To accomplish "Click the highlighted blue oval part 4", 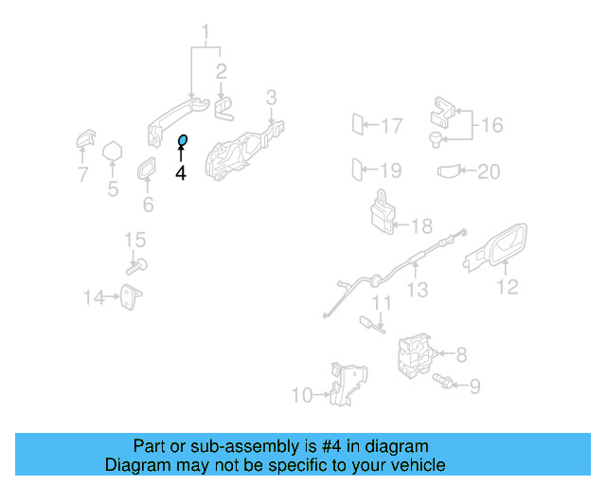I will pyautogui.click(x=183, y=141).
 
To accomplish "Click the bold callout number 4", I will pyautogui.click(x=181, y=172).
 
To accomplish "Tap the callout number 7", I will pyautogui.click(x=82, y=174).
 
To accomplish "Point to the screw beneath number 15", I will pyautogui.click(x=137, y=267).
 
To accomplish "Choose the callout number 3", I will pyautogui.click(x=271, y=97).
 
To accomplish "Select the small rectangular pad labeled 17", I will pyautogui.click(x=357, y=124).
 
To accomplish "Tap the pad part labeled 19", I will pyautogui.click(x=357, y=171).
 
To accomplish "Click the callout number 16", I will pyautogui.click(x=491, y=124).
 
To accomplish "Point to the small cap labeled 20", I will pyautogui.click(x=449, y=171).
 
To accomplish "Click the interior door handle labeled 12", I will pyautogui.click(x=499, y=249).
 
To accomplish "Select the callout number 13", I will pyautogui.click(x=417, y=291).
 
